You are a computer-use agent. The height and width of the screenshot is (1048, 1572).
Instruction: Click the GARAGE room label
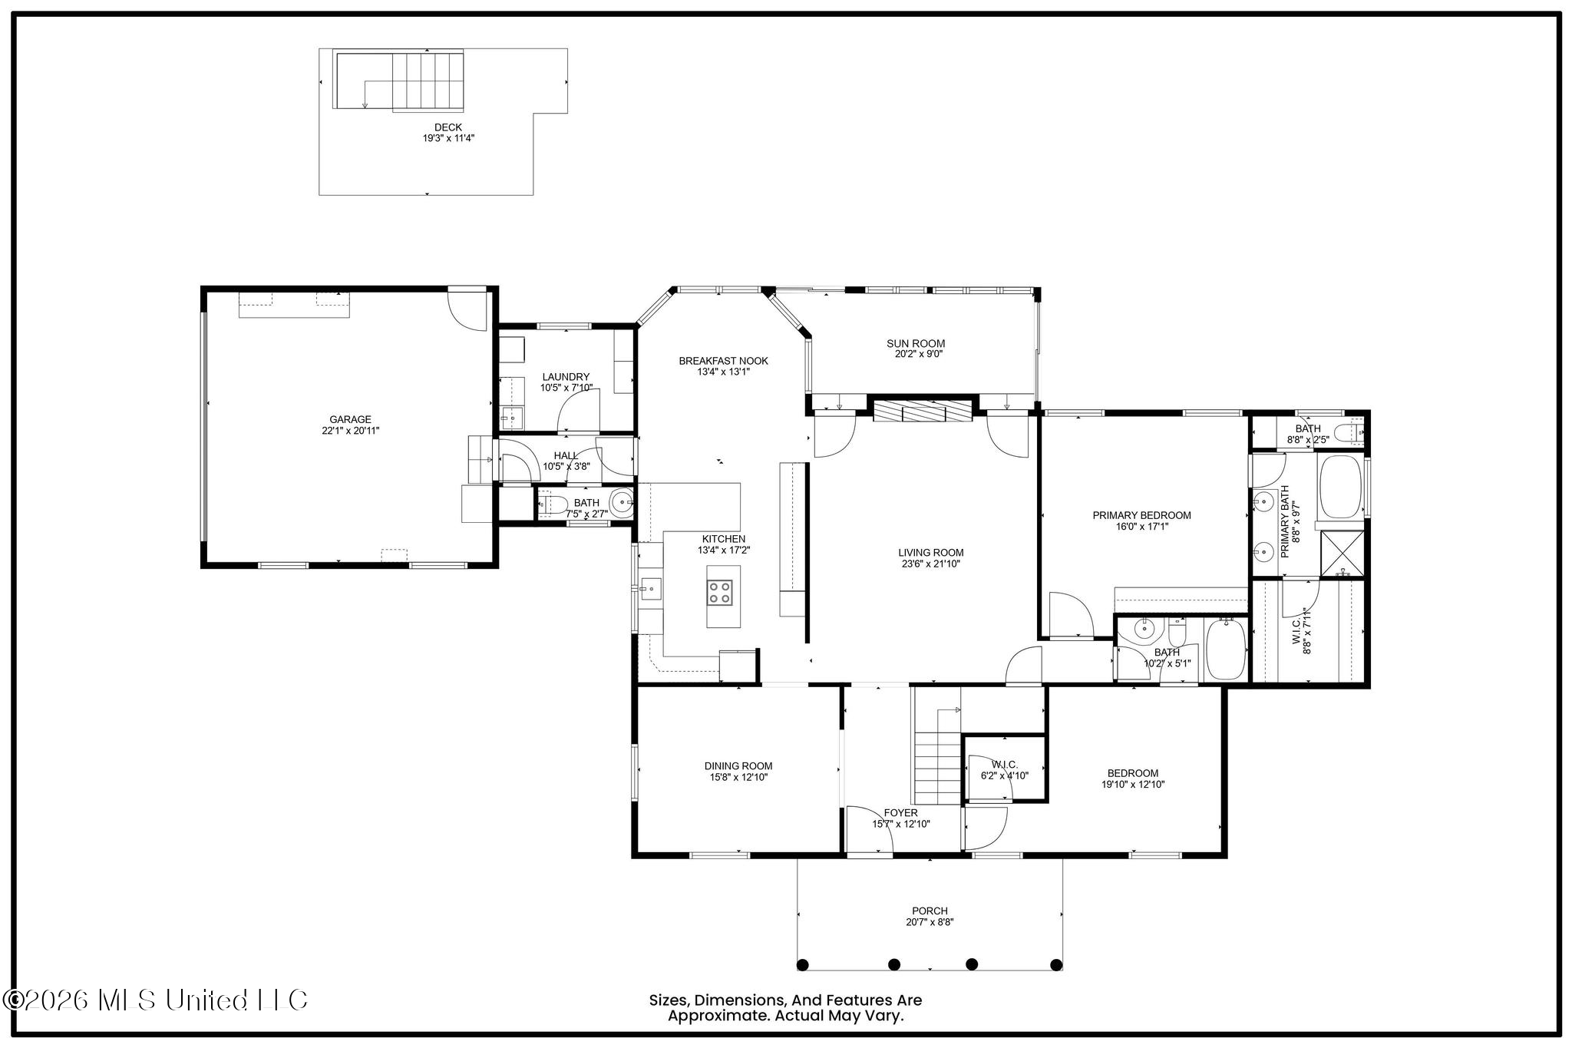click(x=351, y=419)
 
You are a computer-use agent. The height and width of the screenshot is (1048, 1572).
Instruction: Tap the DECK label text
click(x=448, y=127)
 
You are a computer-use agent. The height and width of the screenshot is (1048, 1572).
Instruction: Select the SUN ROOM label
click(x=916, y=343)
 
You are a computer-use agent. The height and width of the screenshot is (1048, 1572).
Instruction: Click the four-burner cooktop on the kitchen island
click(x=720, y=592)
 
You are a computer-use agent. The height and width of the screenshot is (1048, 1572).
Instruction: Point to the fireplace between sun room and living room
click(x=923, y=411)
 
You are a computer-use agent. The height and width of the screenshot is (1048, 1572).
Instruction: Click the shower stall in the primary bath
click(x=1342, y=554)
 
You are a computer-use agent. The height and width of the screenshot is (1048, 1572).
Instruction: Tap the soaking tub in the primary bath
click(x=1340, y=488)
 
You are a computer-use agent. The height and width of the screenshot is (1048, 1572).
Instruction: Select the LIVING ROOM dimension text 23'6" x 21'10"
click(x=931, y=564)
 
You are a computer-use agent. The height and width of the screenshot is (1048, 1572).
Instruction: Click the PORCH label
click(x=930, y=911)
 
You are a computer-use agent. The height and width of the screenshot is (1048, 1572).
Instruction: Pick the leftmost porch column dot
click(x=803, y=964)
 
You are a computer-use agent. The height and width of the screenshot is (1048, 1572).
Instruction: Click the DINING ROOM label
click(x=738, y=765)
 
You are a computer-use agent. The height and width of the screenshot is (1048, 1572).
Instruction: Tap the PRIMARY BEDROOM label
click(x=1142, y=515)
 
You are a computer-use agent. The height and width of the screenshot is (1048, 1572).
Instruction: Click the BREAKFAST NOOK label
click(x=723, y=361)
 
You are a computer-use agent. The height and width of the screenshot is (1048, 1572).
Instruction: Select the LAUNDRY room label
click(x=566, y=377)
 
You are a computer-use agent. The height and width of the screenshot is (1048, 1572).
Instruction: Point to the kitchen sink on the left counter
click(x=651, y=589)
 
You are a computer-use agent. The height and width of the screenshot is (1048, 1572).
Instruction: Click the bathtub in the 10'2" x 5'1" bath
click(x=1226, y=650)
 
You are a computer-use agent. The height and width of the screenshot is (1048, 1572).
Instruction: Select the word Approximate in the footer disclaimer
click(x=716, y=1016)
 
